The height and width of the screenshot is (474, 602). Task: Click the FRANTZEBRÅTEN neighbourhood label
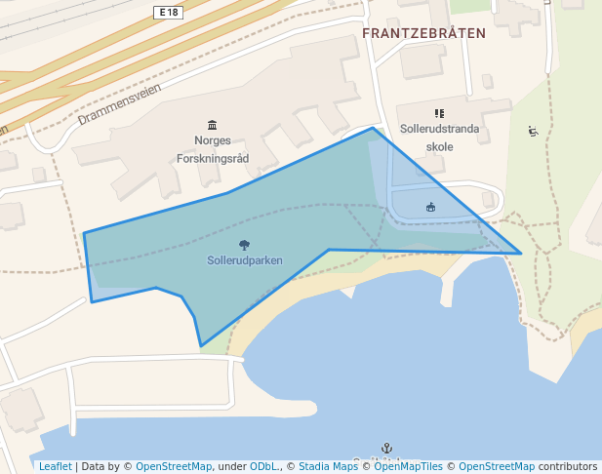(423, 33)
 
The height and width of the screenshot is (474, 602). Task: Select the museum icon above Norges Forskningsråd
(213, 124)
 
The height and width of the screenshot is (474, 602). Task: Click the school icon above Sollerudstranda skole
(439, 114)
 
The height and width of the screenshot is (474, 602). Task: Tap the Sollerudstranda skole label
(440, 138)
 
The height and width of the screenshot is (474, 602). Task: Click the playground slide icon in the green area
(533, 132)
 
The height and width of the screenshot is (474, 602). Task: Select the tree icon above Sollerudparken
(243, 245)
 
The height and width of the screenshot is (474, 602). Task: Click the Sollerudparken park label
(245, 260)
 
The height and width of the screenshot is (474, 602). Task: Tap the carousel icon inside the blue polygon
(430, 207)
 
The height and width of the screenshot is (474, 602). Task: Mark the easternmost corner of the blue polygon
(521, 254)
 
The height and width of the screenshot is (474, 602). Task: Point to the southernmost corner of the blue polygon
(201, 345)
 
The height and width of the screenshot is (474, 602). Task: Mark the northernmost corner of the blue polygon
(373, 128)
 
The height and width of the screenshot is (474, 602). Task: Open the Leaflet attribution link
(55, 466)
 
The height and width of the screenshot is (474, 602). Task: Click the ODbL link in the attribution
(263, 466)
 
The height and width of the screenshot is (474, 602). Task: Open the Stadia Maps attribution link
(328, 466)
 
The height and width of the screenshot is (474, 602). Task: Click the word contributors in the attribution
(567, 466)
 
